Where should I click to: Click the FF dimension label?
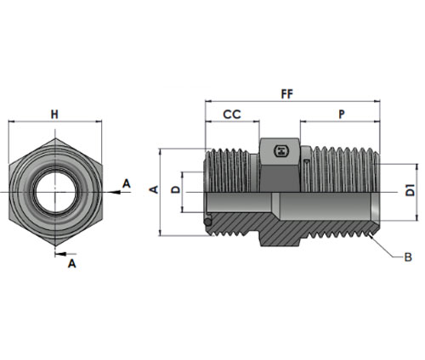(x=287, y=94)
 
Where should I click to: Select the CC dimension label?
(x=232, y=115)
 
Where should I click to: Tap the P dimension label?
(x=342, y=115)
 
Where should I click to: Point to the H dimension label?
(x=54, y=115)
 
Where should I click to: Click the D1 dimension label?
(x=410, y=190)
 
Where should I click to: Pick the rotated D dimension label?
(x=176, y=189)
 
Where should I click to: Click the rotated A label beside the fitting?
(x=154, y=189)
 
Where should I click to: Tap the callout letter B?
(x=408, y=257)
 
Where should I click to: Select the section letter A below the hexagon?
(x=72, y=263)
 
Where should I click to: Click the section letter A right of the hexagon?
(x=127, y=183)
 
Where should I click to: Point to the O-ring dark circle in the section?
(x=207, y=222)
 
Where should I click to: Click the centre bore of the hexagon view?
(x=55, y=193)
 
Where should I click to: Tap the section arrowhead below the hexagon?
(x=60, y=254)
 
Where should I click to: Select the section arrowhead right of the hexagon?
(x=115, y=192)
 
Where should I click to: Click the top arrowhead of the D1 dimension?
(x=416, y=167)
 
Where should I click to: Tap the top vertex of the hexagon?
(x=55, y=138)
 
